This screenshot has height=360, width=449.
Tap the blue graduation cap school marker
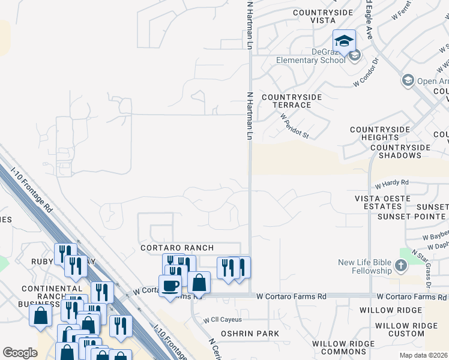[345, 41]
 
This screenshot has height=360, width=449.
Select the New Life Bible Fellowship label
[365, 266]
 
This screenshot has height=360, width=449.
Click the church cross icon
[401, 266]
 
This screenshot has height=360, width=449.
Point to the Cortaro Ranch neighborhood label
[177, 248]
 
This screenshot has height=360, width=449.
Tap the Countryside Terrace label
[292, 101]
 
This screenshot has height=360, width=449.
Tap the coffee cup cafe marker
[170, 285]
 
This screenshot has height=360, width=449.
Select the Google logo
[20, 353]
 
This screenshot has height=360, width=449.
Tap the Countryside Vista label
[314, 16]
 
